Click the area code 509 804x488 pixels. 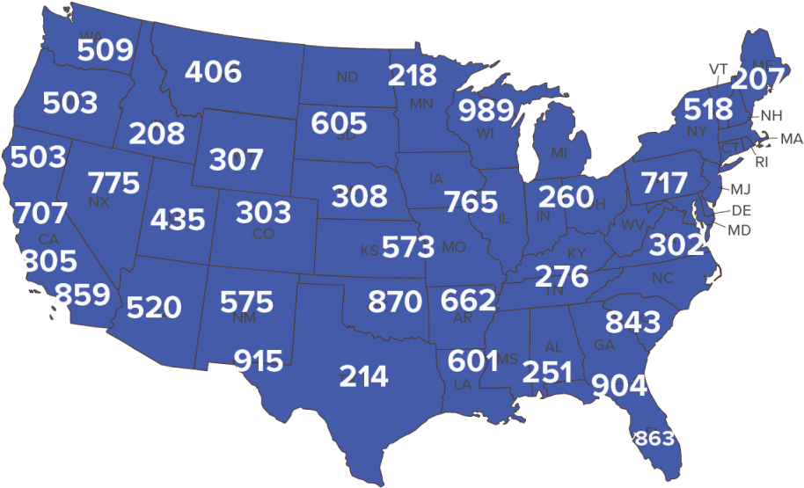point(106,50)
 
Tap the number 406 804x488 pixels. point(213,71)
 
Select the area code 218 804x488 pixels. point(412,76)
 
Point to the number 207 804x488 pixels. point(756,79)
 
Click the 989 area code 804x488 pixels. point(486,111)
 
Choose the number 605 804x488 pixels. point(339,123)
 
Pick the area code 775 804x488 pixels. point(114,183)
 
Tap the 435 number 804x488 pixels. point(178,219)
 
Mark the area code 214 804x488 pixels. point(364,376)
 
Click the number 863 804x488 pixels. point(654,438)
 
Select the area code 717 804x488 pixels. point(664,183)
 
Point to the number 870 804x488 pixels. point(395,302)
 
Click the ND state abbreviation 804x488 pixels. point(347,77)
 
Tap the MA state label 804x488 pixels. point(792,139)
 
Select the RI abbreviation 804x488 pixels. point(762,162)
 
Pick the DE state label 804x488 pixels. point(742,210)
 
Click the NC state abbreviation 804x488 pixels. point(661,278)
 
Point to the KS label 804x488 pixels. point(369,251)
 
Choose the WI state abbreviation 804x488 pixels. point(486,134)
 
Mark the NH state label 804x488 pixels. point(771,115)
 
